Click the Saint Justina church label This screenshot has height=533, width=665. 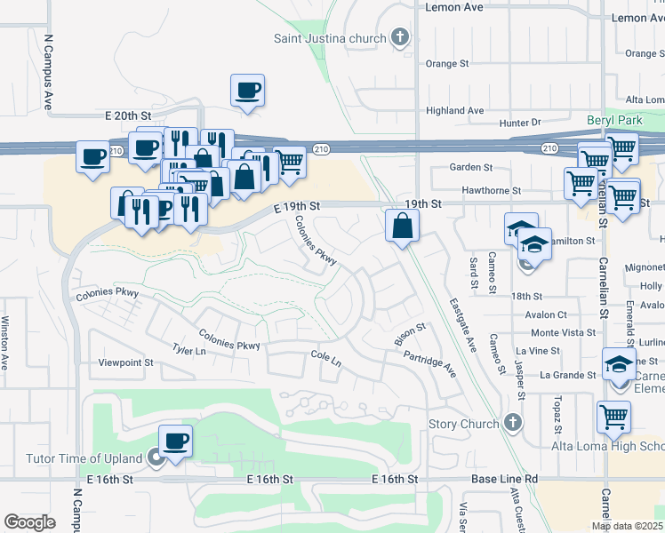(x=330, y=38)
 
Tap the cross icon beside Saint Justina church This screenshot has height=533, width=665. (x=400, y=37)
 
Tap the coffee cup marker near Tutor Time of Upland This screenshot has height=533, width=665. (x=175, y=441)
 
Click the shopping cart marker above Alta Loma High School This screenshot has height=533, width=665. (x=614, y=416)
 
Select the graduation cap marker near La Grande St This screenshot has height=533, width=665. (x=619, y=363)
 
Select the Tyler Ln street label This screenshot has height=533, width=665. (x=188, y=350)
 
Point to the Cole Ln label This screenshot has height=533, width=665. (x=325, y=361)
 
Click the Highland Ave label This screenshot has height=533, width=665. (x=454, y=110)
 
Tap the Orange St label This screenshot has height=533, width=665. (x=446, y=64)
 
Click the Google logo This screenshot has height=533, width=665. (x=30, y=521)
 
